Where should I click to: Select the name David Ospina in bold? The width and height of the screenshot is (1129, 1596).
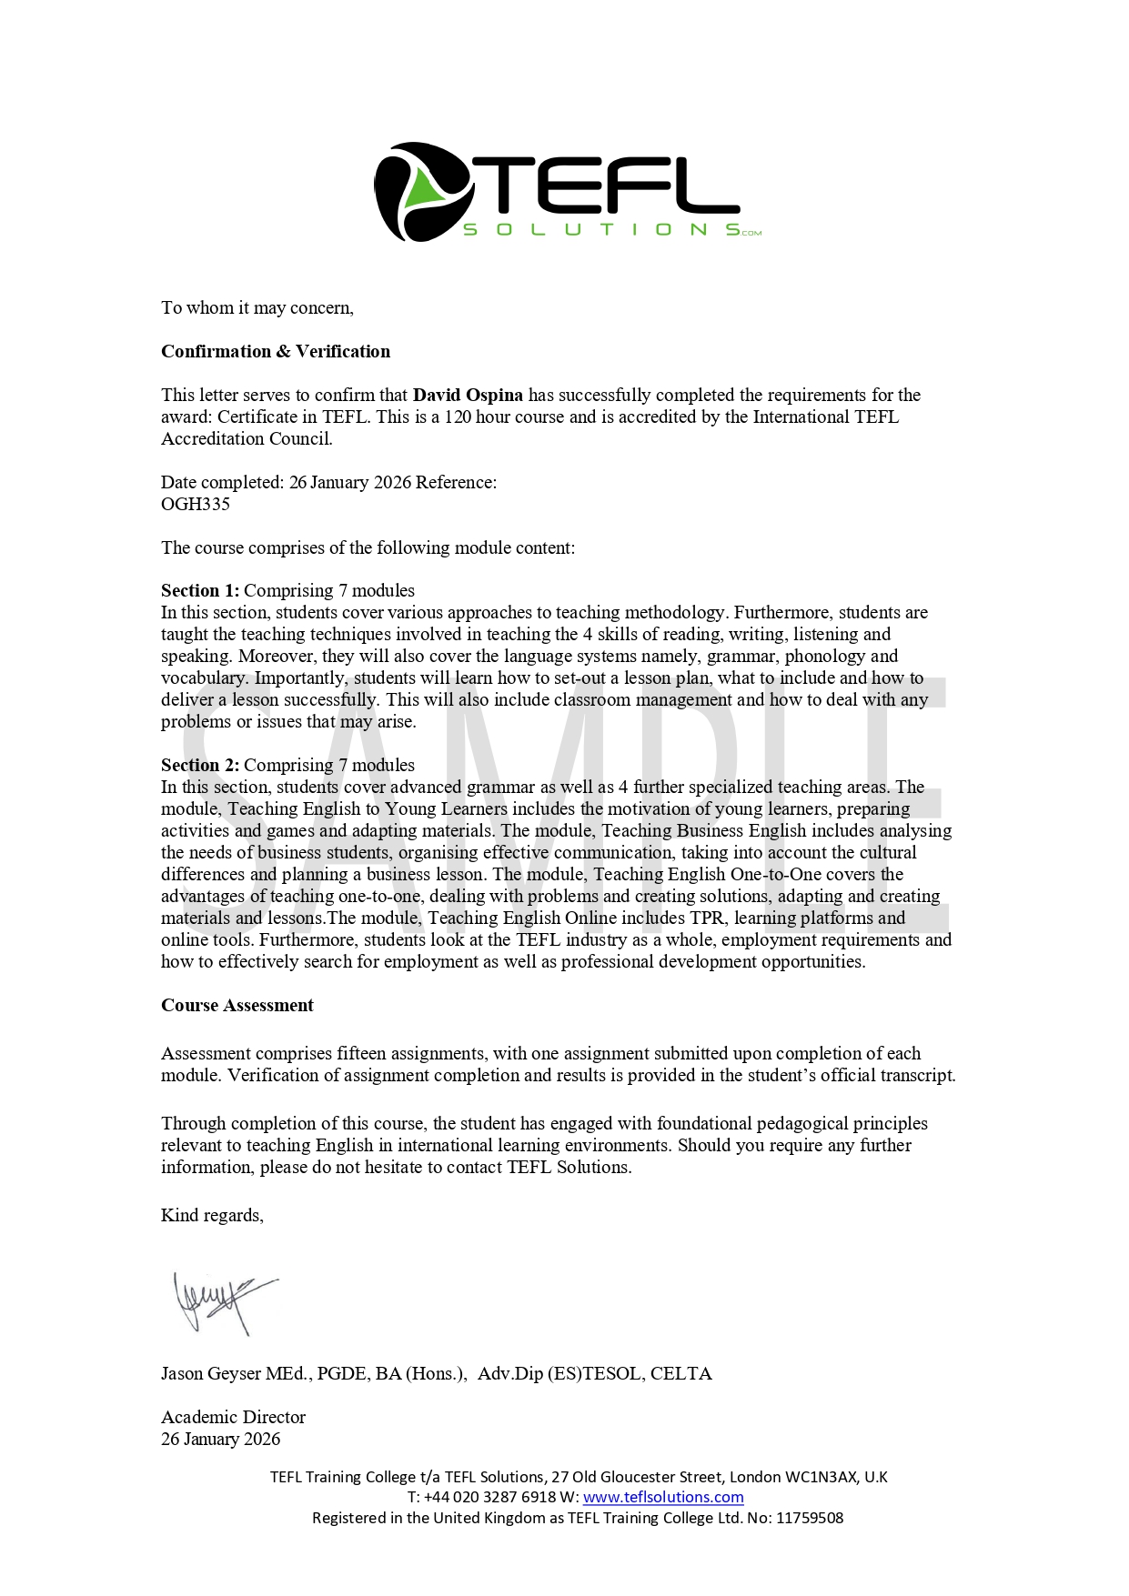coord(468,395)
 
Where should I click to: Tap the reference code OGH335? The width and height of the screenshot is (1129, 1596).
coord(196,504)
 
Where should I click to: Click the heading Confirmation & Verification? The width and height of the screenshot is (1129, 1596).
coord(276,351)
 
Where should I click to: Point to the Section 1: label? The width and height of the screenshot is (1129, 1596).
coord(200,590)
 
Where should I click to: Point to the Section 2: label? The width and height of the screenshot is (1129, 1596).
coord(200,765)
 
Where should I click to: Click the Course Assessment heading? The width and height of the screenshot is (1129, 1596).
coord(237,1005)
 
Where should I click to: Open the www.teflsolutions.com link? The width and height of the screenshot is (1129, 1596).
coord(663,1497)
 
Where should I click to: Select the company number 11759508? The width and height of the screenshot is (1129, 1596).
coord(809,1518)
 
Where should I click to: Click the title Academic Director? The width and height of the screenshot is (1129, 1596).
coord(233,1417)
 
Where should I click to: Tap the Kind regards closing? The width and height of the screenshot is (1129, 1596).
coord(212,1215)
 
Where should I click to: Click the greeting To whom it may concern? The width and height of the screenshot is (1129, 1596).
coord(257,307)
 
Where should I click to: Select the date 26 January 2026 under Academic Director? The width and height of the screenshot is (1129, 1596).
coord(220,1439)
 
